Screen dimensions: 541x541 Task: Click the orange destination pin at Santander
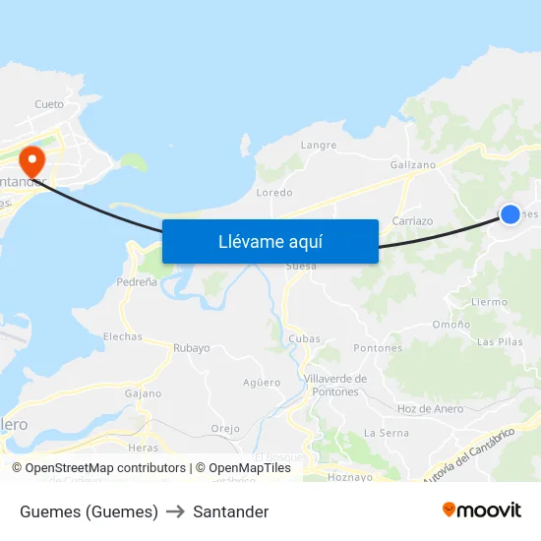tap(31, 159)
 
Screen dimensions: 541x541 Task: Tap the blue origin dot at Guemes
tap(510, 213)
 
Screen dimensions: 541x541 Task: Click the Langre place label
tap(319, 146)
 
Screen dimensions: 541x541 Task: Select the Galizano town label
tap(413, 165)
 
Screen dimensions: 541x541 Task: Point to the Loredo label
tap(274, 193)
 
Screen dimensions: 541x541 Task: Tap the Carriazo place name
tap(412, 221)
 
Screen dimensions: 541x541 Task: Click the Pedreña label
tap(137, 281)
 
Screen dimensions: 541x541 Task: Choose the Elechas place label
tap(123, 336)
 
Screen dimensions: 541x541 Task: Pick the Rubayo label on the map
tap(192, 348)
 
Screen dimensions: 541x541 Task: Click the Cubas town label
tap(305, 339)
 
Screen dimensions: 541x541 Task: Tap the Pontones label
tap(378, 348)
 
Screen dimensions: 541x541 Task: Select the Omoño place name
tap(451, 325)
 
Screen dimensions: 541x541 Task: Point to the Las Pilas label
tap(500, 342)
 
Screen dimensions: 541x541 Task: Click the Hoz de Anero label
tap(430, 409)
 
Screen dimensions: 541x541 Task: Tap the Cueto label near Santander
tap(49, 104)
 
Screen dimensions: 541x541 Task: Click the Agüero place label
tap(262, 383)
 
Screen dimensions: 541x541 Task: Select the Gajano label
tap(143, 393)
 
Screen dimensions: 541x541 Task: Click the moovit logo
tap(482, 511)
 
